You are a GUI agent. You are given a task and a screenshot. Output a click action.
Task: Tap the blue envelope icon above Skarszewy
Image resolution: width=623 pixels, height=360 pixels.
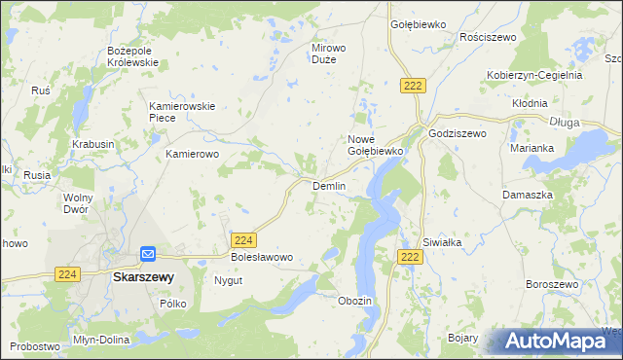coord(147,254)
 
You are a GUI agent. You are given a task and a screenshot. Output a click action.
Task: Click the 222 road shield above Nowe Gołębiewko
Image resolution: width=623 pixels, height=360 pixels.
coord(413,87)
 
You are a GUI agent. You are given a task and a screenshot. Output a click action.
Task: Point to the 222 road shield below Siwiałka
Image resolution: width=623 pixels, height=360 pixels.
coord(411,256)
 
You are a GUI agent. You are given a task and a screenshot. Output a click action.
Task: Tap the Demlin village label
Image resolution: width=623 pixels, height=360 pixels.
coord(328,186)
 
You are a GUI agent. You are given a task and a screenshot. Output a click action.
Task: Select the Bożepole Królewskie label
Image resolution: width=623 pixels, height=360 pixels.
coord(132,55)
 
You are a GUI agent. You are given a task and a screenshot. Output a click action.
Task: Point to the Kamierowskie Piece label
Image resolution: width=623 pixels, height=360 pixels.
coord(180,112)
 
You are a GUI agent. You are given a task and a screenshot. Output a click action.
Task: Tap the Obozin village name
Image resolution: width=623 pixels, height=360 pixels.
coord(354,301)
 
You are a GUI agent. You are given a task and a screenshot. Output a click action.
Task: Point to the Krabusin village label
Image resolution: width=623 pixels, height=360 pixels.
coord(92,144)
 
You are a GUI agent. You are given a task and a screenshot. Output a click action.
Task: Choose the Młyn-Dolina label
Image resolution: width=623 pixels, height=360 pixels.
coord(100,341)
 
